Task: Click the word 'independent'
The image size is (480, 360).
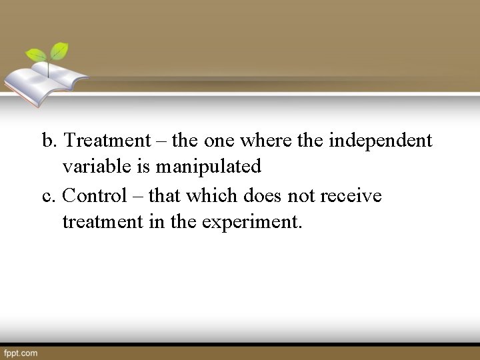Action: (381, 141)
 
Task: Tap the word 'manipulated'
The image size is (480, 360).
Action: (208, 166)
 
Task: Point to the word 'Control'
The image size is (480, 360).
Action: (94, 195)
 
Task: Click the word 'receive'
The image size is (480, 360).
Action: (351, 195)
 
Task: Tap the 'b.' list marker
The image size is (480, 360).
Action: (50, 141)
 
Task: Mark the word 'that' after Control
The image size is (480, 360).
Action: (165, 195)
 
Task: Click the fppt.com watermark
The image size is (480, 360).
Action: (21, 353)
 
